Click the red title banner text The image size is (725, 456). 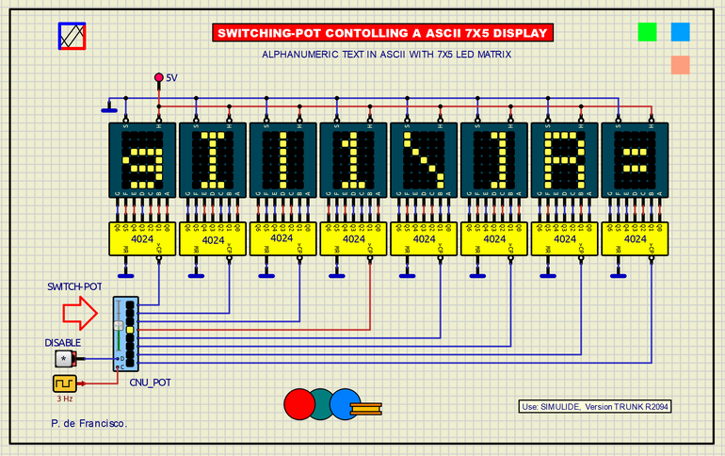[x=381, y=33]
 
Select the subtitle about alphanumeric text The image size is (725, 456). [x=387, y=55]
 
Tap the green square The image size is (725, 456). [x=647, y=31]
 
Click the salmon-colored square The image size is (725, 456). [x=680, y=64]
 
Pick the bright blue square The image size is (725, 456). [x=680, y=31]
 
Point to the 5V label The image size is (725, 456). [x=171, y=78]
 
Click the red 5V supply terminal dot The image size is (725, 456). [x=158, y=77]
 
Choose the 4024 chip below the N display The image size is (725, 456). [x=425, y=239]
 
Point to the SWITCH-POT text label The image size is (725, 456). [x=76, y=286]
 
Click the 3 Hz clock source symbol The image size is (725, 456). [x=64, y=384]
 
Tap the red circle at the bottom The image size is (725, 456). [x=298, y=402]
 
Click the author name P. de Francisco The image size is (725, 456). [x=89, y=424]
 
